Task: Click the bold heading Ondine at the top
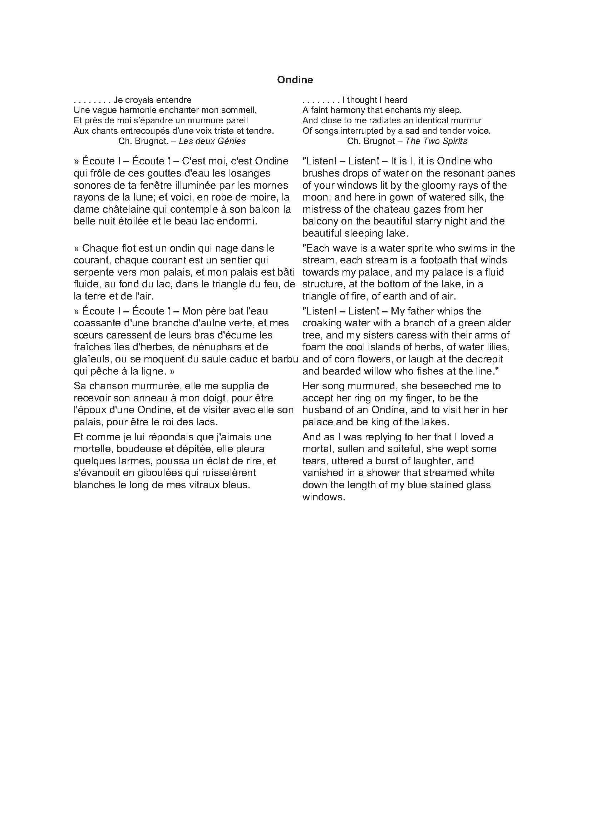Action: (x=295, y=80)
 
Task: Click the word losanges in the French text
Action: (x=249, y=173)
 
